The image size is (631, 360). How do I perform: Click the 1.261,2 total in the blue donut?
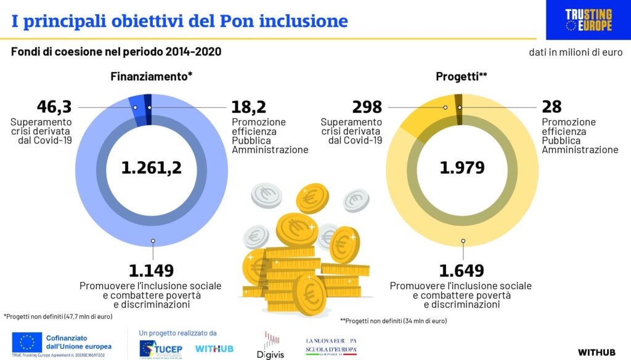click(x=152, y=167)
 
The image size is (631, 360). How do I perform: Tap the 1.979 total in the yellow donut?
click(x=462, y=167)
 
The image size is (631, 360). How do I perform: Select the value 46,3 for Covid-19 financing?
click(x=54, y=107)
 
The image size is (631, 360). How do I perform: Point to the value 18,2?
click(x=249, y=107)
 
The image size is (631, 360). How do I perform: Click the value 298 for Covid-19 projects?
click(x=367, y=107)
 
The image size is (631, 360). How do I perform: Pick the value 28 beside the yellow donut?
click(x=552, y=107)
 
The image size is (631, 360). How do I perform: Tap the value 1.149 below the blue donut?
click(x=151, y=270)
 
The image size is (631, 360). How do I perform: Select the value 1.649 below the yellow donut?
click(x=462, y=270)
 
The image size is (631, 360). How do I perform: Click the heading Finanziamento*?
click(x=152, y=77)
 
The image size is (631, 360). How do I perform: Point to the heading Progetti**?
click(x=462, y=77)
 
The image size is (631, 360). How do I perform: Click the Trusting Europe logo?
click(x=588, y=20)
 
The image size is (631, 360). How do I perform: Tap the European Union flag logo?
click(x=26, y=342)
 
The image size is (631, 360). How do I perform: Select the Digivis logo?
click(x=271, y=345)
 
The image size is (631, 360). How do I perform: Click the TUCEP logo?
click(x=161, y=348)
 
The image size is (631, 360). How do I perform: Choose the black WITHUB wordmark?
click(x=596, y=352)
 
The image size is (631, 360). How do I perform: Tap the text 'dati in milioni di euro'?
click(x=576, y=52)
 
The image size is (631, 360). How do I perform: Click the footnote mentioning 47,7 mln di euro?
click(x=58, y=316)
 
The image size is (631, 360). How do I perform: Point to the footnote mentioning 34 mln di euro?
click(x=393, y=321)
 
